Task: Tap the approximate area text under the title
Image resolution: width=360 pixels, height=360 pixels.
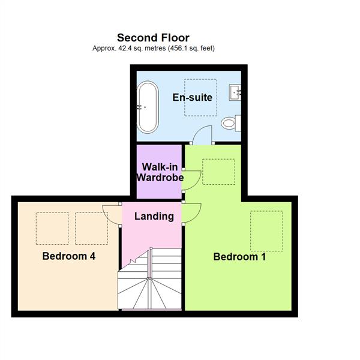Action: pos(154,48)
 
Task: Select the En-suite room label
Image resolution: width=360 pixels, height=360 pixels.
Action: pos(192,97)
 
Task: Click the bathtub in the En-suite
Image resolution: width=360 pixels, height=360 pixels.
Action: pos(148,107)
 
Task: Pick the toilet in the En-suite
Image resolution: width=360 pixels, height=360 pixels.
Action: pos(229,124)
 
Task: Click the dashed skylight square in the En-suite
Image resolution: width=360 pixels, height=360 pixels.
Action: pos(200,97)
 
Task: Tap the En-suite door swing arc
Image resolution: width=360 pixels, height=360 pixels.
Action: pos(204,134)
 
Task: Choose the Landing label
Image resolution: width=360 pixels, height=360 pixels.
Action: pos(154,216)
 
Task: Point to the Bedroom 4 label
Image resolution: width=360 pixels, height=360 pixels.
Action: pos(69,256)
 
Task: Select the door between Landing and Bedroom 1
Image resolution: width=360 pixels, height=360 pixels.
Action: pos(192,212)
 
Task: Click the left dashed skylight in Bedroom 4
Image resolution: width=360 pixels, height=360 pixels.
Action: pos(52,228)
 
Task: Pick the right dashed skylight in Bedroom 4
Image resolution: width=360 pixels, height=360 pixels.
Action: pos(91,228)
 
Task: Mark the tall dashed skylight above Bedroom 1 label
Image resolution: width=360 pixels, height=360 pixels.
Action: pos(266,230)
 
